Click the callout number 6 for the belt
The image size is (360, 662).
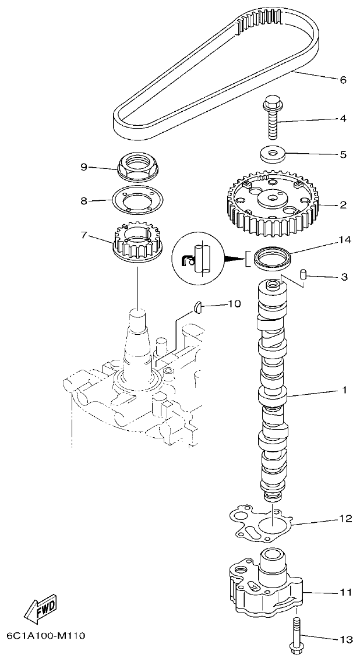[x=343, y=80]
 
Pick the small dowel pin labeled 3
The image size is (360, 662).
[x=302, y=275]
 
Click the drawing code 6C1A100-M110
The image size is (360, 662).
[x=46, y=635]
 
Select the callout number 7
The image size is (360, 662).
[x=84, y=235]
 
